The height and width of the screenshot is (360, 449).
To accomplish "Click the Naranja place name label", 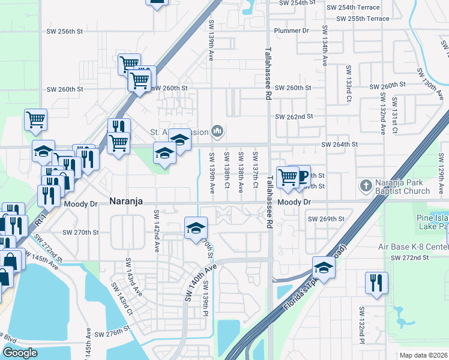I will pos(126,202).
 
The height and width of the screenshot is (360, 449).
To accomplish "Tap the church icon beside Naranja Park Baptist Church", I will pos(366,186).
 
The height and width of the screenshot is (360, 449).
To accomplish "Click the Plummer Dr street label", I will pos(291,31).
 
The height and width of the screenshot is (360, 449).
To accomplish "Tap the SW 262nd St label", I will pos(294,116).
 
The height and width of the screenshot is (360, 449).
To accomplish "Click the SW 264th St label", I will pos(339,145).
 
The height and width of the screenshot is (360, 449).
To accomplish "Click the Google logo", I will pos(20,353).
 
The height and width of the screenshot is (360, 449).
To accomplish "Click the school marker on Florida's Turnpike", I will pos(323,267).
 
